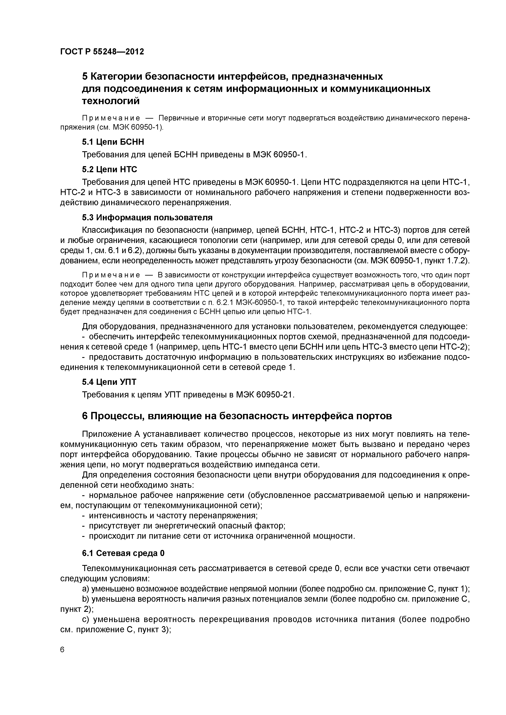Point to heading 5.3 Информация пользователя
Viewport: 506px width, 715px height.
[x=147, y=217]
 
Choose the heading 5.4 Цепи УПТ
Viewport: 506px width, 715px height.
[x=109, y=382]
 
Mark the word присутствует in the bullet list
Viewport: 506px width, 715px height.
[x=116, y=526]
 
